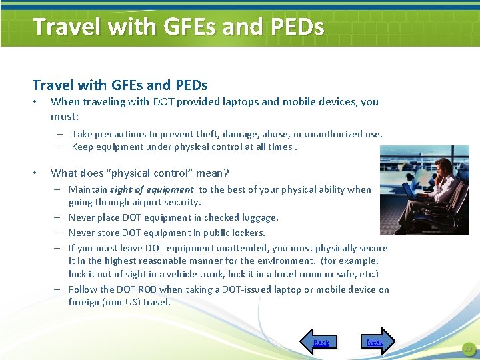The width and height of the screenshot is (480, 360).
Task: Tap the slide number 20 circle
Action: [x=468, y=349]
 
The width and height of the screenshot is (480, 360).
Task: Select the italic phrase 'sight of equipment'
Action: [x=151, y=189]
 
